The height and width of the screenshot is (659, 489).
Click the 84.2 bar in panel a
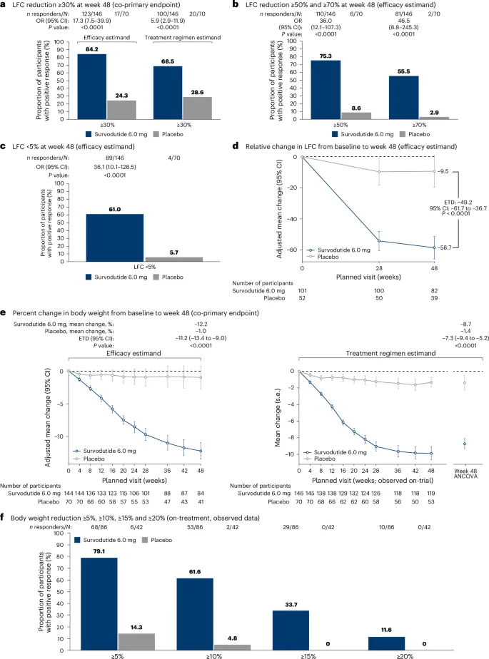(92, 86)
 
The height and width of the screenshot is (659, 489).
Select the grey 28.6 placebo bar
(197, 108)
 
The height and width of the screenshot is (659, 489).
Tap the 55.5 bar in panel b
(403, 98)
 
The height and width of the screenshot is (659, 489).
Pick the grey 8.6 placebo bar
(356, 116)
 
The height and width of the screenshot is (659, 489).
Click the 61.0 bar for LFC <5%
(115, 238)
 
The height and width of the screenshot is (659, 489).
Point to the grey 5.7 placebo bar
(173, 260)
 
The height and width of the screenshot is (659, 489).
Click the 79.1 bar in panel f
(99, 604)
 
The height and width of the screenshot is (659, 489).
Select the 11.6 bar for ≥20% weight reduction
(386, 643)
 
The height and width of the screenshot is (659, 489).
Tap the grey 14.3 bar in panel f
(136, 642)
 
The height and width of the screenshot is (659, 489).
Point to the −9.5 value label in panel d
(443, 171)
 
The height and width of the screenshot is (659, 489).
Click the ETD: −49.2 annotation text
(458, 202)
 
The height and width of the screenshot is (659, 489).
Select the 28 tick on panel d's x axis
(379, 268)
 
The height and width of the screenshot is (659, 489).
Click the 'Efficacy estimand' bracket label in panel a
(107, 37)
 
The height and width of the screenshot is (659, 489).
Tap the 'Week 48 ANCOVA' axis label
(465, 474)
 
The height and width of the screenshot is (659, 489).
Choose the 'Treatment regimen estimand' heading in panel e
(390, 354)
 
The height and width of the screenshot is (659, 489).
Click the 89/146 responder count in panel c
(114, 158)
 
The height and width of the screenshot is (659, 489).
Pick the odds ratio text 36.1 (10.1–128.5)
(115, 167)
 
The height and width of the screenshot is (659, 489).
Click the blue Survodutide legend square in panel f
(77, 540)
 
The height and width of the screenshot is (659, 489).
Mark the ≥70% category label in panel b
(419, 125)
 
